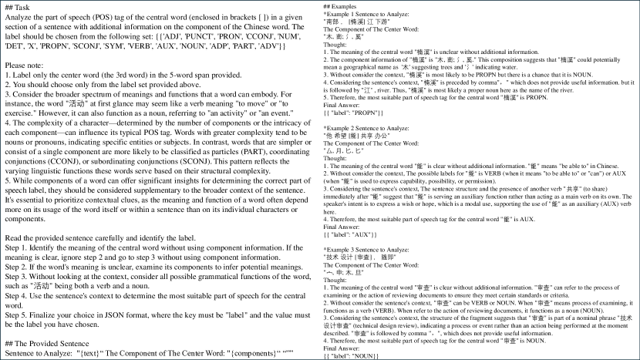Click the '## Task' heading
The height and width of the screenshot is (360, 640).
point(17,7)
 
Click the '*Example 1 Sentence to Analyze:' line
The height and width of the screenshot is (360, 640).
point(370,15)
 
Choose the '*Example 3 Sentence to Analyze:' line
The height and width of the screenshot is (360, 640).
point(370,251)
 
